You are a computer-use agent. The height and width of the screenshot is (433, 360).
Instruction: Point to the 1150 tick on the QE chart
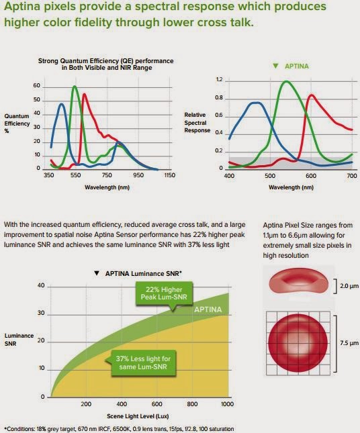point(169,175)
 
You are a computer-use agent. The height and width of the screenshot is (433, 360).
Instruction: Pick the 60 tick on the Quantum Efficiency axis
point(36,87)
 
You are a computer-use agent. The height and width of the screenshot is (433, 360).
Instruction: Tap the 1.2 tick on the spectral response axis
point(218,79)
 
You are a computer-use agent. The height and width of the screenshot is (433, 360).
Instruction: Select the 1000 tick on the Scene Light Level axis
point(228,405)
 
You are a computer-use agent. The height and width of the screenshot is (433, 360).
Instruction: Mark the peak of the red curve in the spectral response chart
point(311,95)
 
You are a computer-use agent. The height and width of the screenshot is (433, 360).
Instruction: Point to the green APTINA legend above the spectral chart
point(289,66)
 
